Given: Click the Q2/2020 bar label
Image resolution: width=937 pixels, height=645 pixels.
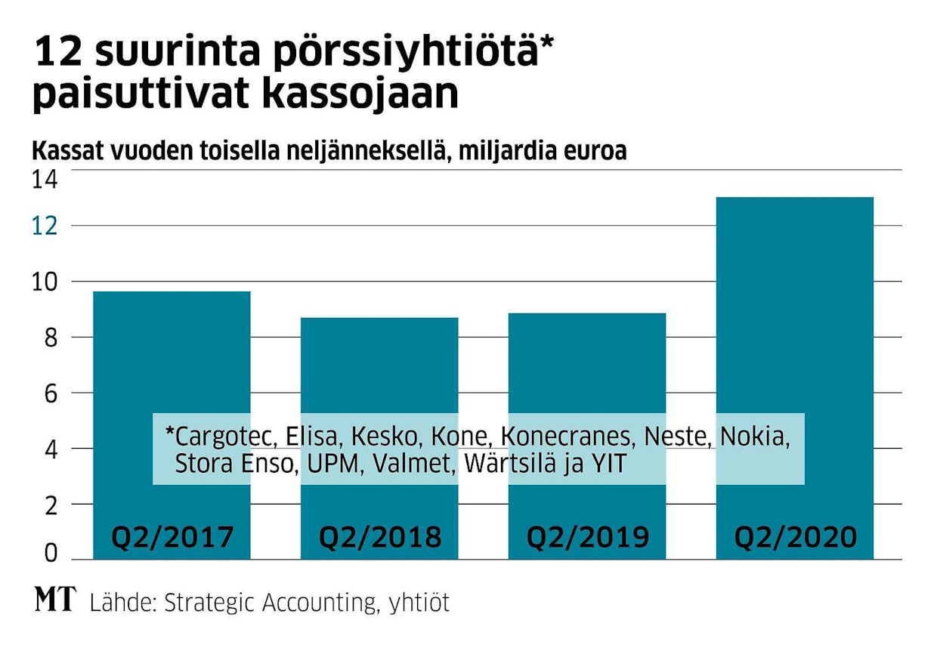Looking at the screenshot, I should click(x=795, y=537).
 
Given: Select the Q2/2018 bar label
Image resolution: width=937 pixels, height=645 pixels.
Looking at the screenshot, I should click(x=379, y=537).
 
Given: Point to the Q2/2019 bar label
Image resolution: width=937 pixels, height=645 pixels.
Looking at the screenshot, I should click(x=587, y=537).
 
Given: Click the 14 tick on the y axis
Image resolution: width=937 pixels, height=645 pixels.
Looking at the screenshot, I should click(x=45, y=180).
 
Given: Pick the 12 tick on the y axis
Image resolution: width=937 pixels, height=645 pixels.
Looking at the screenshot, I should click(x=45, y=226).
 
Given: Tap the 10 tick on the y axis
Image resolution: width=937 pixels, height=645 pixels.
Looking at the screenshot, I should click(x=45, y=282).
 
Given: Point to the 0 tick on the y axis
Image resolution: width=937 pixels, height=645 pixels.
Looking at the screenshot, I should click(x=49, y=554).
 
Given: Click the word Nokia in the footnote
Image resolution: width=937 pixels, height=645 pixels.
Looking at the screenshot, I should click(x=754, y=437).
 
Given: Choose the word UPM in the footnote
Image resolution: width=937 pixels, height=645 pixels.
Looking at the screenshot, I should click(x=327, y=463).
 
